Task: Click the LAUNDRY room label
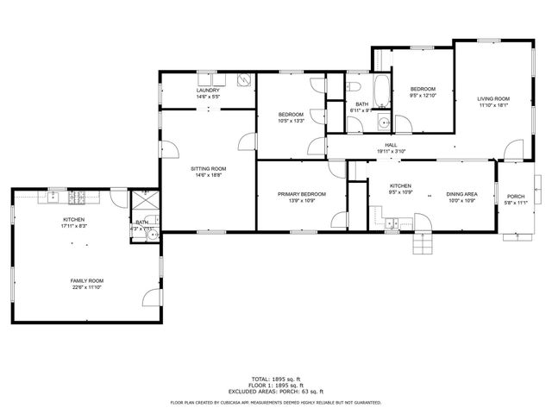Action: (x=208, y=90)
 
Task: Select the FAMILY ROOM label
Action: (x=86, y=280)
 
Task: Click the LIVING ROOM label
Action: (x=493, y=98)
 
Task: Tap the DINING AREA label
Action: (x=461, y=194)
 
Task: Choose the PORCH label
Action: (x=516, y=196)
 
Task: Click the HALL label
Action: (x=391, y=145)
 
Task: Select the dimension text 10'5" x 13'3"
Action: (x=290, y=121)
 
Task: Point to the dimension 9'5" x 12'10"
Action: (x=423, y=96)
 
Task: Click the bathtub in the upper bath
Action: (x=379, y=87)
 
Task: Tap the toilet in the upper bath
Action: (x=354, y=88)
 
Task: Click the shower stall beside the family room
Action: (x=141, y=200)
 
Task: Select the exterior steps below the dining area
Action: (x=420, y=246)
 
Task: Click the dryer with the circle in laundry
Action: (x=244, y=80)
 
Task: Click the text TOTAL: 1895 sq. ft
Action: (x=276, y=379)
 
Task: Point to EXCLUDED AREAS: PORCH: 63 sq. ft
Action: (x=276, y=392)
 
